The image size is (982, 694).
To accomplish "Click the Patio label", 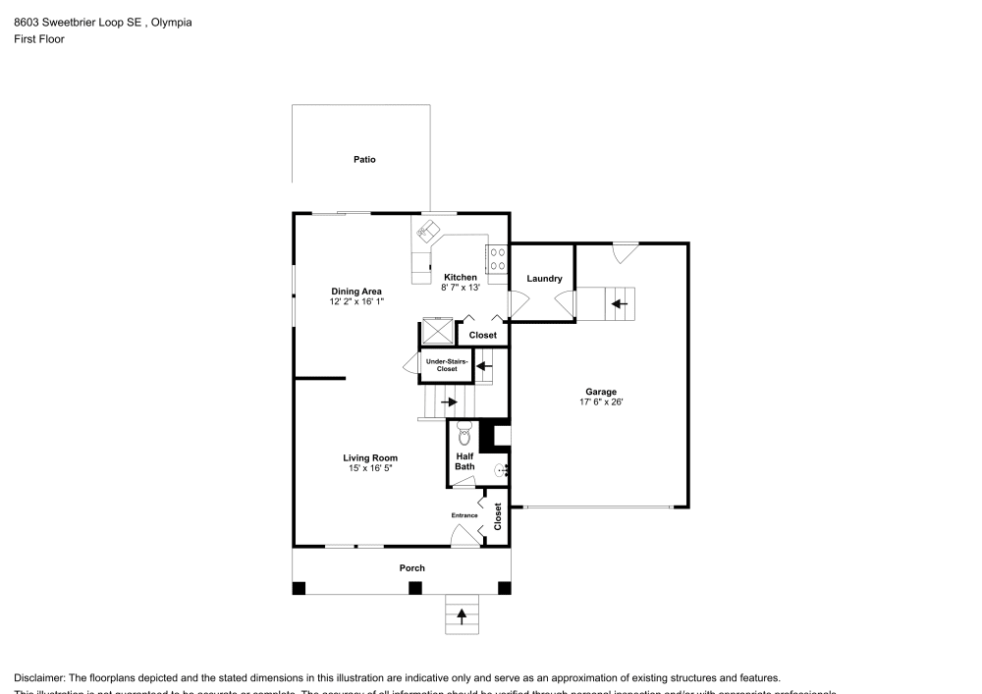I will click(x=364, y=159).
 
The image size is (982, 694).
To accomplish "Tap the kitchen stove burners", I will click(x=497, y=259).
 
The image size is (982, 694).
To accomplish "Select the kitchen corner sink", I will click(x=427, y=232).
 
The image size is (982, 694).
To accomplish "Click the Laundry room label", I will click(x=544, y=279).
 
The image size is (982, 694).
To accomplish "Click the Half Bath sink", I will click(x=500, y=470).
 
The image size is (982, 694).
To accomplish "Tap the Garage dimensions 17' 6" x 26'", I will click(x=601, y=401).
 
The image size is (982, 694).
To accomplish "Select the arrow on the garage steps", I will click(x=619, y=304).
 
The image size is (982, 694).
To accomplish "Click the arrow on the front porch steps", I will click(x=462, y=616).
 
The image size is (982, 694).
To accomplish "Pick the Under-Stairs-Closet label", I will click(x=447, y=365).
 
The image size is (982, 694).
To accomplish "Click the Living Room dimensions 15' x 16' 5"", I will click(x=370, y=468).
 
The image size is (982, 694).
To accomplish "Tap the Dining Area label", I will click(x=355, y=292).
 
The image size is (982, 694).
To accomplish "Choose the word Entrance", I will click(x=464, y=515).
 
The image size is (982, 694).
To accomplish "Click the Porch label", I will click(x=411, y=568).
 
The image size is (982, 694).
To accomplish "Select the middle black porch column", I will click(x=415, y=588).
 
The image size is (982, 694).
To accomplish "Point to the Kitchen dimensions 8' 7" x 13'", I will click(x=461, y=288).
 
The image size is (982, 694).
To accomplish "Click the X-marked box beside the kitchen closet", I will click(x=437, y=332).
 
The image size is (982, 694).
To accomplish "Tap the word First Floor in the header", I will click(x=38, y=39).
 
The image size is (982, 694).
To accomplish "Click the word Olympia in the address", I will click(x=172, y=22).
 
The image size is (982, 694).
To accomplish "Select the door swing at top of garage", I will click(x=625, y=252).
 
